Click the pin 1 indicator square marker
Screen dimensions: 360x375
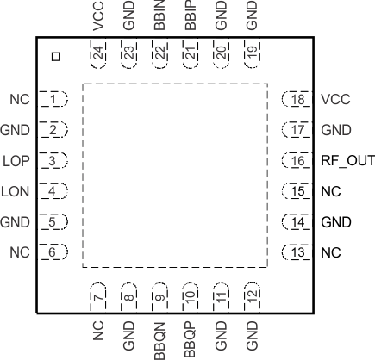(56, 57)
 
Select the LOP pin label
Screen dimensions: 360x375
(16, 161)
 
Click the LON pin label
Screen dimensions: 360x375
(16, 191)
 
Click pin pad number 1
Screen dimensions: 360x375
(54, 100)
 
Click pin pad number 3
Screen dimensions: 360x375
(54, 161)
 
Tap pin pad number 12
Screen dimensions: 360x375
(252, 296)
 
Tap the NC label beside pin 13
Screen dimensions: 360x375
(331, 252)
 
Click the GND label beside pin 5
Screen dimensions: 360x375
(16, 222)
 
